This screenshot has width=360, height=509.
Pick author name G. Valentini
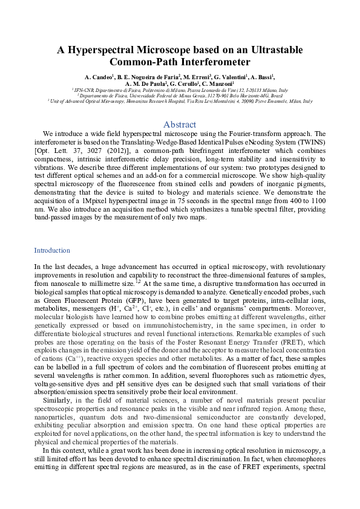tap(231, 77)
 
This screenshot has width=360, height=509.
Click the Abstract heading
tap(180, 125)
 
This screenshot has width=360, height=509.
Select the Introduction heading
tap(52, 250)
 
